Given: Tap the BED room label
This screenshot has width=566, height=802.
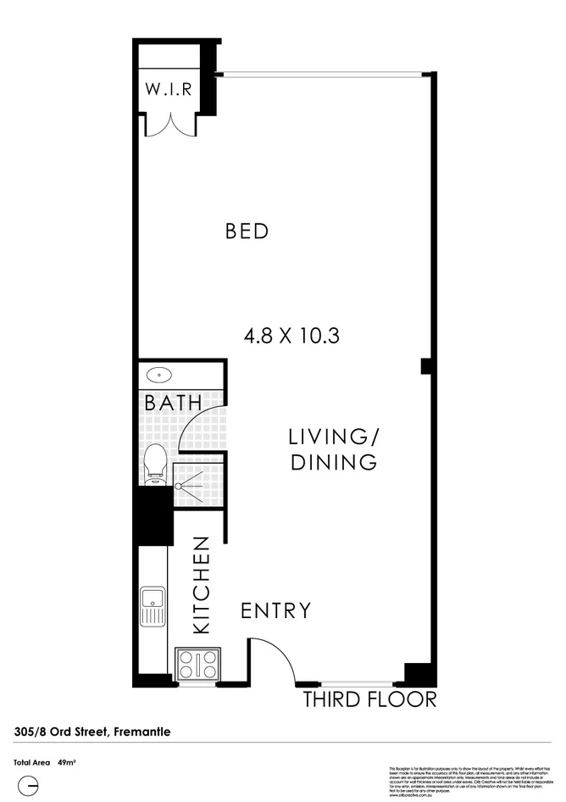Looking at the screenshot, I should [247, 231].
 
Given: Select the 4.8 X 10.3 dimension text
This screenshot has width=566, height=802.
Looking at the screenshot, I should [291, 336].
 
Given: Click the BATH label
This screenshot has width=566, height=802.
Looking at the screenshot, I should [173, 404].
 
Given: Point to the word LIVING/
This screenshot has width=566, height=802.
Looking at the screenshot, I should [333, 437].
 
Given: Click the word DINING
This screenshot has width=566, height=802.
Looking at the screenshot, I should [333, 463].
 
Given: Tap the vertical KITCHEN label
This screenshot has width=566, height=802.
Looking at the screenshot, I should [202, 585].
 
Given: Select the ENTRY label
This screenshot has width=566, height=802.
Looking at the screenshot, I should [275, 611].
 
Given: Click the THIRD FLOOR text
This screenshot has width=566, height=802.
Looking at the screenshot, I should [370, 700].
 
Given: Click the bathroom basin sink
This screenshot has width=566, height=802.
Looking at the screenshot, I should [158, 375].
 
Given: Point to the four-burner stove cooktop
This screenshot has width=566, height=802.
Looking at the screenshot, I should [198, 664].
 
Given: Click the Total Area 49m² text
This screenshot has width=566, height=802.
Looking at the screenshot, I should [45, 763].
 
